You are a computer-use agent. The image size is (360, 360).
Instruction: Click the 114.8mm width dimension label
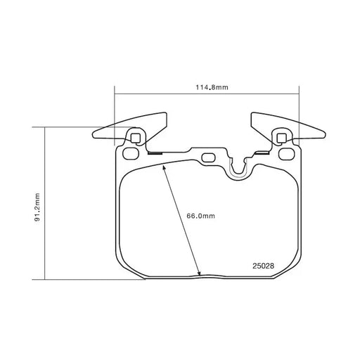212,87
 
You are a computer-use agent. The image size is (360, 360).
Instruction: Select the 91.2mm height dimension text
37,207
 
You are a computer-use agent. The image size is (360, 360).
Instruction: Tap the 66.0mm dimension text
201,216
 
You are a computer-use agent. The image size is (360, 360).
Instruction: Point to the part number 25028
263,266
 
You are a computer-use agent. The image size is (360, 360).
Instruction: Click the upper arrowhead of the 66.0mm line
164,167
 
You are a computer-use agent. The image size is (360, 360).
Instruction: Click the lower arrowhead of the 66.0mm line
199,274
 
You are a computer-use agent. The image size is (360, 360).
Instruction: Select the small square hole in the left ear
135,138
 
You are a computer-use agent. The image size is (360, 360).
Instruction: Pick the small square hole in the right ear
281,138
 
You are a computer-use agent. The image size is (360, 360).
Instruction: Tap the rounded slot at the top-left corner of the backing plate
131,153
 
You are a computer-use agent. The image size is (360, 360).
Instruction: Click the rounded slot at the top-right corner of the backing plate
286,153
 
